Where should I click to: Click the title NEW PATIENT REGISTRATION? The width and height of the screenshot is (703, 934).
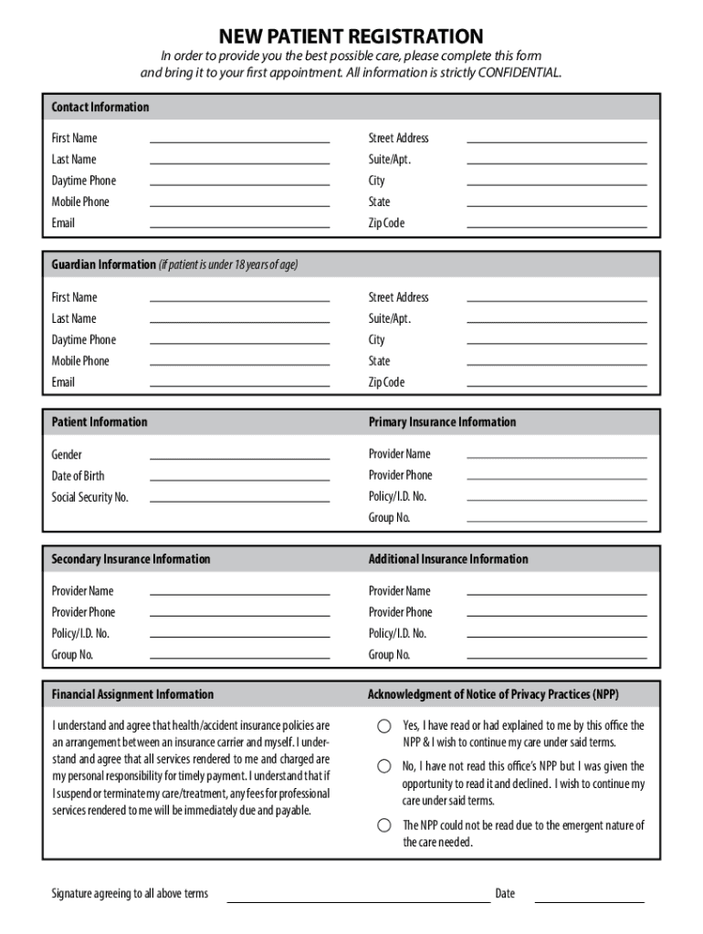351,36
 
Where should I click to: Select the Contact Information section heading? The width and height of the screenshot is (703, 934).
100,107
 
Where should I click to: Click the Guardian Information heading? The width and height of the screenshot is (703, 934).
103,265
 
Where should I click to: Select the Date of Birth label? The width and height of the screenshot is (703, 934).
78,475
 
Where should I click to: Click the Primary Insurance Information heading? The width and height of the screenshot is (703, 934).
442,422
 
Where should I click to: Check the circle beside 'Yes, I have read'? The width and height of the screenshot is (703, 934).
384,726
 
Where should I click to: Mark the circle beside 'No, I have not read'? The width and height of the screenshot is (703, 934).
384,766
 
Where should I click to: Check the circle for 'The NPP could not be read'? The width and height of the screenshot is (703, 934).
384,825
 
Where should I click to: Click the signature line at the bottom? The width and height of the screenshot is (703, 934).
358,899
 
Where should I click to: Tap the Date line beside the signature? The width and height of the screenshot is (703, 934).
589,899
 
